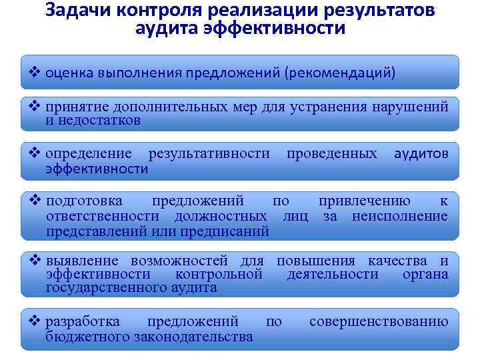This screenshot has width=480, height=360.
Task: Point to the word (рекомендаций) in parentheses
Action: point(340,72)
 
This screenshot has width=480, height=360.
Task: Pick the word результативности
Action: point(209,154)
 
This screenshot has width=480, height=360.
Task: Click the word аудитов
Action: point(421,154)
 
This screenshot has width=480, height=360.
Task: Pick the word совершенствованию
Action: point(378,322)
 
